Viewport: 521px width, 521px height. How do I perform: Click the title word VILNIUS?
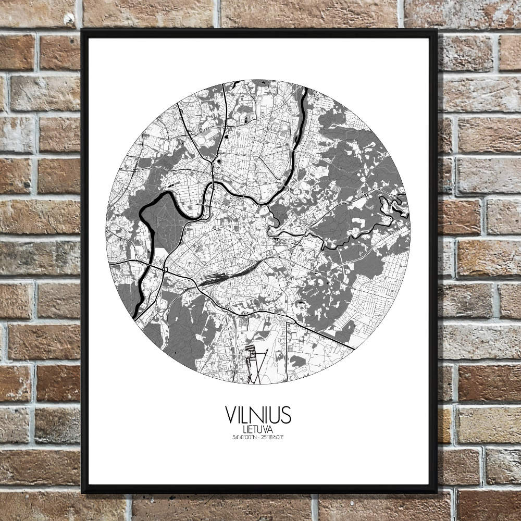(258, 415)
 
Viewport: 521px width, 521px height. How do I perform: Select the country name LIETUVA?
(258, 429)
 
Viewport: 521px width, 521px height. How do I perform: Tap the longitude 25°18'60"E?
(274, 437)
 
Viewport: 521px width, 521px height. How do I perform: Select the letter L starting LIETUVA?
(244, 429)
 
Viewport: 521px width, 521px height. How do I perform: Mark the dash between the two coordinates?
(258, 437)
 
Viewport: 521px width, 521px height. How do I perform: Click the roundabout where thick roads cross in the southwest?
(165, 270)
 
